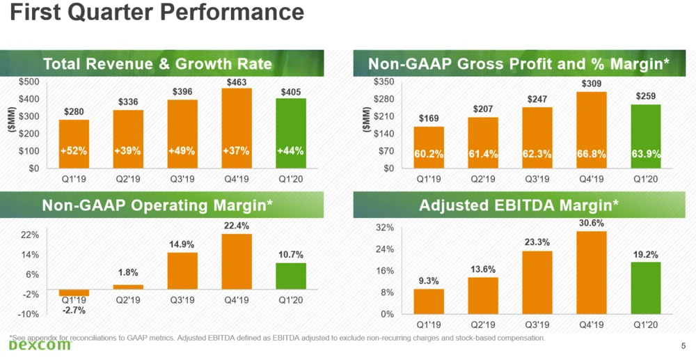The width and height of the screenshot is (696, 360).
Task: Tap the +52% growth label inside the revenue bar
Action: pyautogui.click(x=73, y=151)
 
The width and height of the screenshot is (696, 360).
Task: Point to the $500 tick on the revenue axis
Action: pyautogui.click(x=29, y=82)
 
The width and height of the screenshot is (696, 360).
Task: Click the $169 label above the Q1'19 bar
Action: pyautogui.click(x=428, y=119)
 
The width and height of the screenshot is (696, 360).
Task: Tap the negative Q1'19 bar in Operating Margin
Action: pyautogui.click(x=74, y=292)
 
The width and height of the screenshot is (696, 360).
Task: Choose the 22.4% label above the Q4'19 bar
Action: pyautogui.click(x=237, y=226)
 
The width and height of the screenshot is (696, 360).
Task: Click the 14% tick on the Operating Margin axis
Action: pyautogui.click(x=30, y=256)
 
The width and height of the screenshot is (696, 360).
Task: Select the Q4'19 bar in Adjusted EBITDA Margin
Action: pyautogui.click(x=591, y=272)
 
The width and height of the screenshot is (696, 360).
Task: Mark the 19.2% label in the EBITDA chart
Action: pyautogui.click(x=645, y=255)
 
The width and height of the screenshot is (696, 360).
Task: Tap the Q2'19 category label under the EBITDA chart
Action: pyautogui.click(x=483, y=324)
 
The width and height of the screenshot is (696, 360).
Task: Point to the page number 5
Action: pyautogui.click(x=682, y=345)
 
